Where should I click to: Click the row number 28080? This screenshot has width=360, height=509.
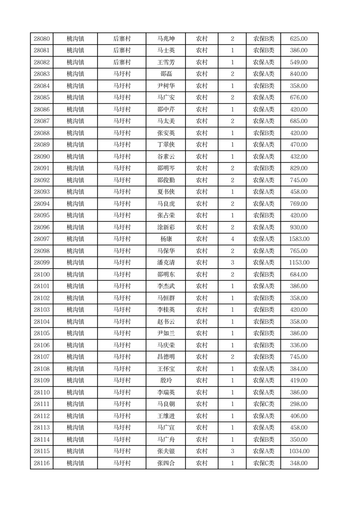(42, 39)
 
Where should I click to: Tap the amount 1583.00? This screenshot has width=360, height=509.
(299, 239)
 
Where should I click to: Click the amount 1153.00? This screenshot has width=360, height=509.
(299, 263)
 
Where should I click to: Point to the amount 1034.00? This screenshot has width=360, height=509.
(299, 451)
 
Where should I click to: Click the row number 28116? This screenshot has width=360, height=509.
(42, 463)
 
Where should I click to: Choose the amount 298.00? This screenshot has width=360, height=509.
(299, 404)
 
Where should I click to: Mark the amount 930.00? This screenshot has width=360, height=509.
(299, 227)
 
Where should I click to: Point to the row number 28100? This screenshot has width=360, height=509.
(42, 274)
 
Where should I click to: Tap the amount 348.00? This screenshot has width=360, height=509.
(299, 463)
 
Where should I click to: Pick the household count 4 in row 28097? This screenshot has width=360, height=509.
(233, 239)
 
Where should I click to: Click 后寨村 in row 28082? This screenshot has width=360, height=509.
(122, 62)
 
